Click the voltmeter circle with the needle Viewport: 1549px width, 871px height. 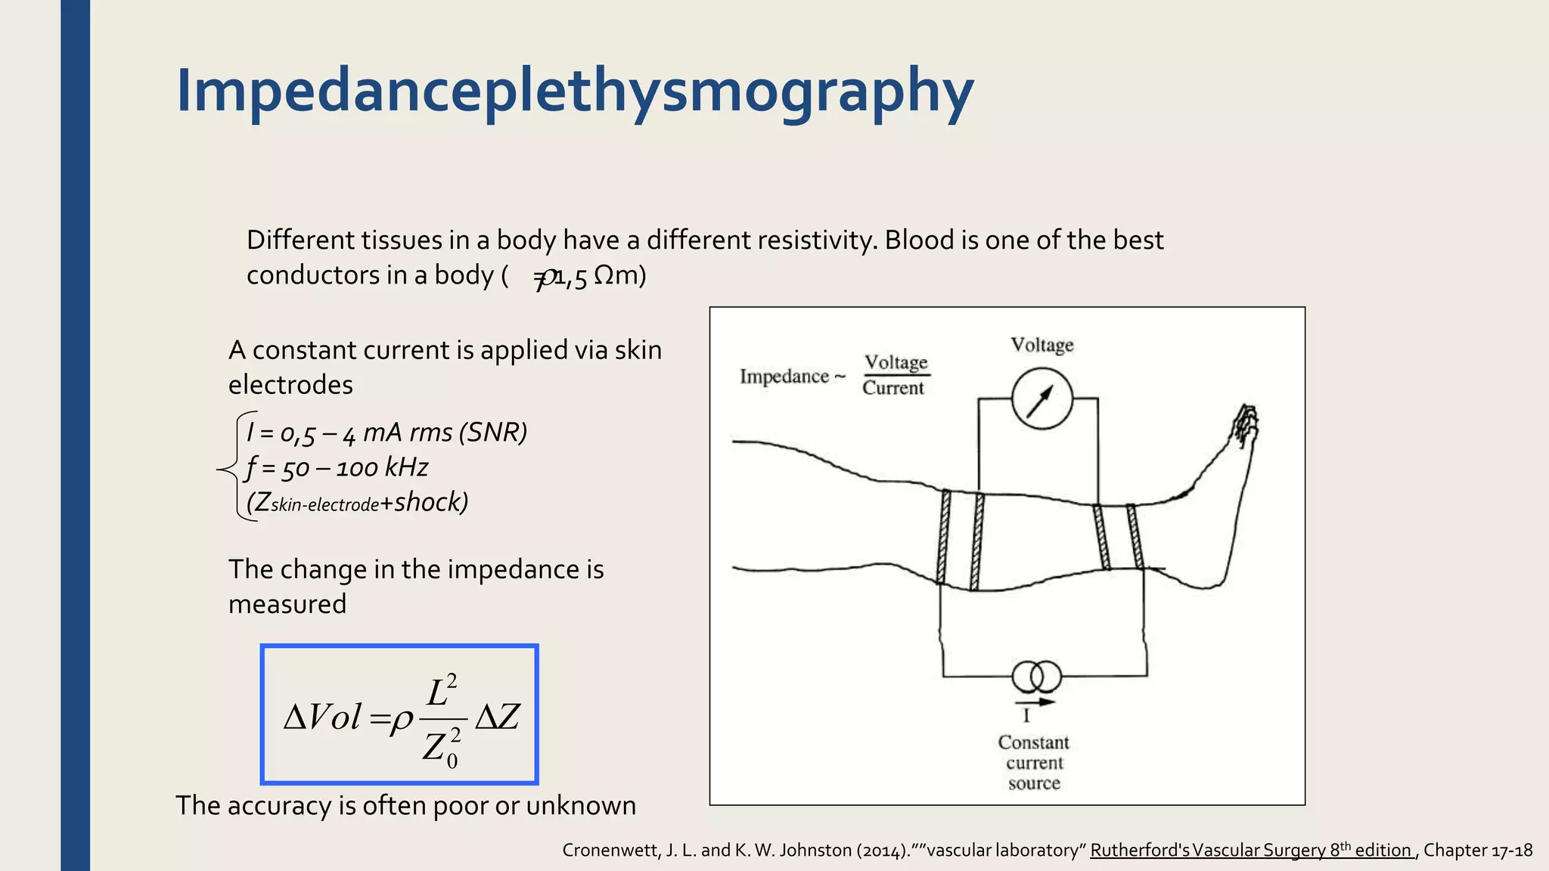tap(1041, 398)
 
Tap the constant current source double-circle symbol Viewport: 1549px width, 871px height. tap(1036, 677)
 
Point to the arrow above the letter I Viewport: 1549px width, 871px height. tap(1035, 702)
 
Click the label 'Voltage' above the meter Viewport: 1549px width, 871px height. tap(1042, 346)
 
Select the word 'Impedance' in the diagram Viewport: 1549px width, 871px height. tap(784, 377)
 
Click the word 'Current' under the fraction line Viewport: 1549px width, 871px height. tap(893, 388)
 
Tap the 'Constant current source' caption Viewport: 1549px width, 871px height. tap(1034, 763)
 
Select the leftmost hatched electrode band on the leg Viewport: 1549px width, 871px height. tap(943, 537)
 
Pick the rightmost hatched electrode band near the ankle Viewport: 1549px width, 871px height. tap(1134, 537)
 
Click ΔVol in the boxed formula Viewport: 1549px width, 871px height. tap(322, 717)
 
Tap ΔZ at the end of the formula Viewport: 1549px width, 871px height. tap(497, 717)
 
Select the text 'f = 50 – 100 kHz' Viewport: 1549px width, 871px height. tap(337, 468)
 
